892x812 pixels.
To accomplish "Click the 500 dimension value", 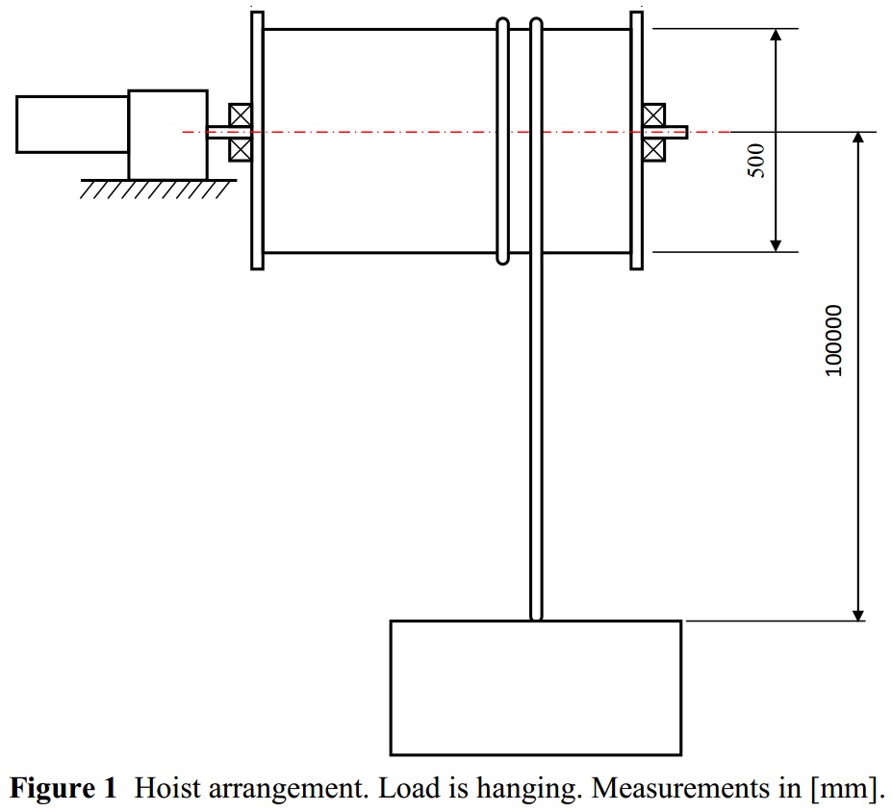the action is (x=756, y=161).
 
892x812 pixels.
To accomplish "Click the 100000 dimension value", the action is (x=833, y=341).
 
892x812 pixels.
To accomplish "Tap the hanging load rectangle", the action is (x=535, y=688).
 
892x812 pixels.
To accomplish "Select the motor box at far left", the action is (x=72, y=124).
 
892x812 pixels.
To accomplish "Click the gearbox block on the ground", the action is (x=167, y=135).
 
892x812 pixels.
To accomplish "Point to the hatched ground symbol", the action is (x=158, y=190).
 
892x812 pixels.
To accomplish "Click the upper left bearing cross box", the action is (x=240, y=114).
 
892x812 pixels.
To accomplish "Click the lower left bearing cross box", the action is (x=240, y=150).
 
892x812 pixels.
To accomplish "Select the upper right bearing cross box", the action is (x=653, y=114).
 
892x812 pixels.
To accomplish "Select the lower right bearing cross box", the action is (x=653, y=150).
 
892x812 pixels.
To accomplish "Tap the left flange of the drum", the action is (x=257, y=140).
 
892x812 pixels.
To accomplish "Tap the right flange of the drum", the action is (x=637, y=140).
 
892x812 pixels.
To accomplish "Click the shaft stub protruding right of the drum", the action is (x=676, y=133).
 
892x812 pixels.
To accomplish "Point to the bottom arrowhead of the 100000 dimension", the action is (x=859, y=616).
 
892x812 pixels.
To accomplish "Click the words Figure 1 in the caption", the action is (x=64, y=788).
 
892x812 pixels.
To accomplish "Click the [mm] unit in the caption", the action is (x=847, y=789).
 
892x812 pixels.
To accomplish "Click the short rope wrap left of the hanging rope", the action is (x=503, y=141).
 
